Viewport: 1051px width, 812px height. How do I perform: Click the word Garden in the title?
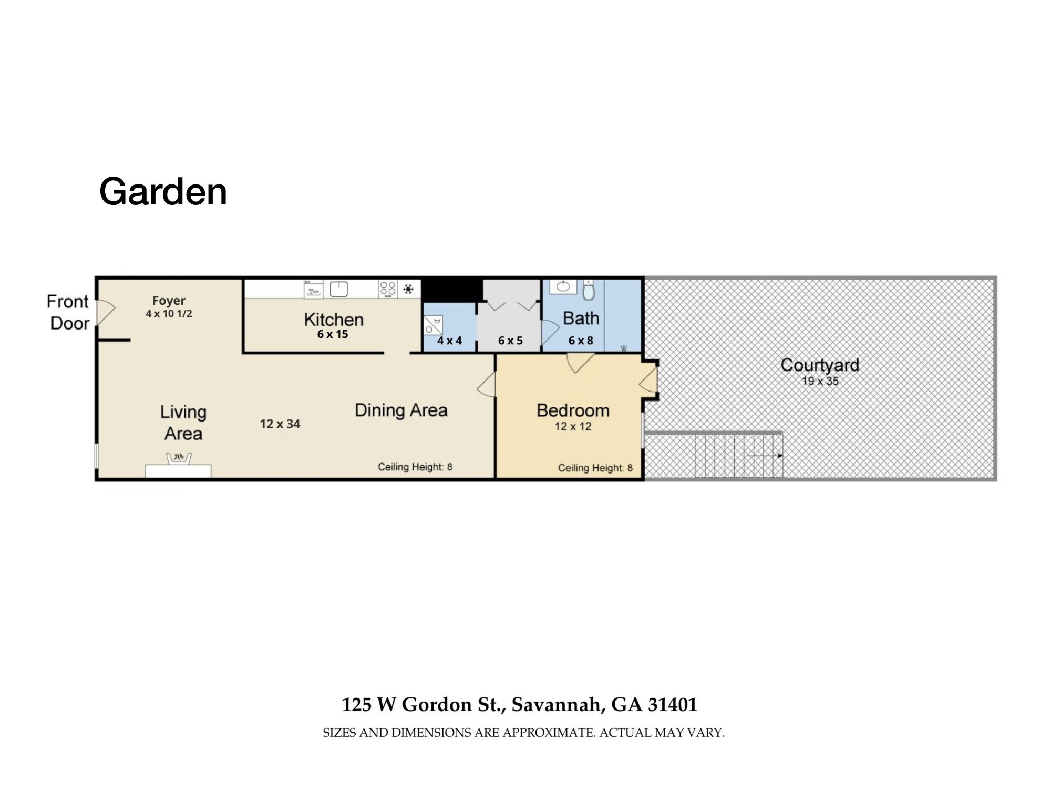[163, 192]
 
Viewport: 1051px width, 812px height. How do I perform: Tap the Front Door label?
[68, 312]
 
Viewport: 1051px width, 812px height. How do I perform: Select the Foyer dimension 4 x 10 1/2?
[169, 314]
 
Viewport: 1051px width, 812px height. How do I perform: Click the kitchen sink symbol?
[339, 289]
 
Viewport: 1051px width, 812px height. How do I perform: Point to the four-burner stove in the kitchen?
[388, 289]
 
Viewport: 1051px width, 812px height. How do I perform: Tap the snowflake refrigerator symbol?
[408, 289]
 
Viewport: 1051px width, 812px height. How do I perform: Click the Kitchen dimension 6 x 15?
[333, 334]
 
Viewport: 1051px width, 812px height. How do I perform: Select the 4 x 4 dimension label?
[450, 341]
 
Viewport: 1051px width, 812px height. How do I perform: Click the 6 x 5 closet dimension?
[510, 341]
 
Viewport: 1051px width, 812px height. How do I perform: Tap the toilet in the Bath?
[589, 290]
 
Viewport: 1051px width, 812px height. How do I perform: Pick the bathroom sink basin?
[563, 286]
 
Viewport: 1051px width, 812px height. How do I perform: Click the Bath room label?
[581, 318]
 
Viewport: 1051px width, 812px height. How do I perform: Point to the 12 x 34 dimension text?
[280, 424]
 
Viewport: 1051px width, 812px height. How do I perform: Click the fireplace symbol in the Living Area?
[179, 458]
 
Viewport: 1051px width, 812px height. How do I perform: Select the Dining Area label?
[401, 410]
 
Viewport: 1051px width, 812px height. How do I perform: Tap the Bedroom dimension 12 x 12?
[573, 426]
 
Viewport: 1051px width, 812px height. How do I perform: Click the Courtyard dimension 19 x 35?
[820, 381]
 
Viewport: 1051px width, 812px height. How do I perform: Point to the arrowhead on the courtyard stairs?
[780, 456]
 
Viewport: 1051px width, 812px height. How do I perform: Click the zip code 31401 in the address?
[673, 704]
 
